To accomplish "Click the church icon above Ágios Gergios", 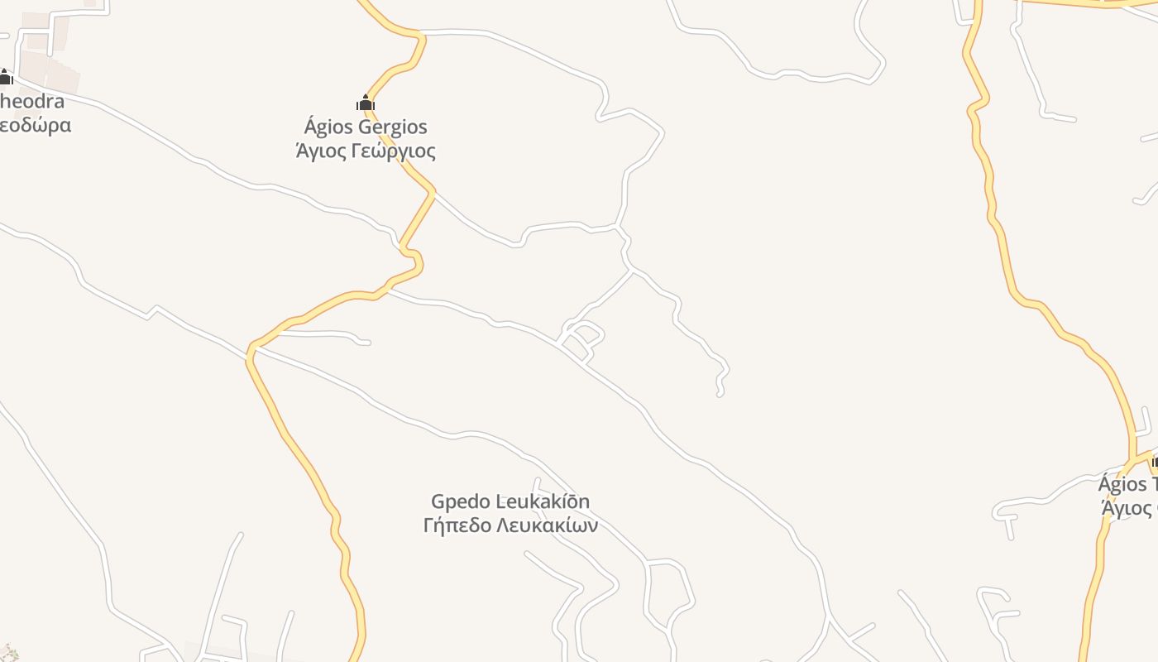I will pyautogui.click(x=366, y=103).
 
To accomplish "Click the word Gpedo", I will pyautogui.click(x=460, y=501).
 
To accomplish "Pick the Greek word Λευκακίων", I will pyautogui.click(x=547, y=525).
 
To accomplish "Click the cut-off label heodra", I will pyautogui.click(x=31, y=101).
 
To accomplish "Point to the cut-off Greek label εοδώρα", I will pyautogui.click(x=35, y=126).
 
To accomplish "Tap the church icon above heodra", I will pyautogui.click(x=5, y=78).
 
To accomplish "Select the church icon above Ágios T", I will pyautogui.click(x=1155, y=461).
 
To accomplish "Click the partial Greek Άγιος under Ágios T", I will pyautogui.click(x=1128, y=507).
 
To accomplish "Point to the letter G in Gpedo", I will pyautogui.click(x=438, y=501).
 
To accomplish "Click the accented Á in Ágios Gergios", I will pyautogui.click(x=311, y=127).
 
